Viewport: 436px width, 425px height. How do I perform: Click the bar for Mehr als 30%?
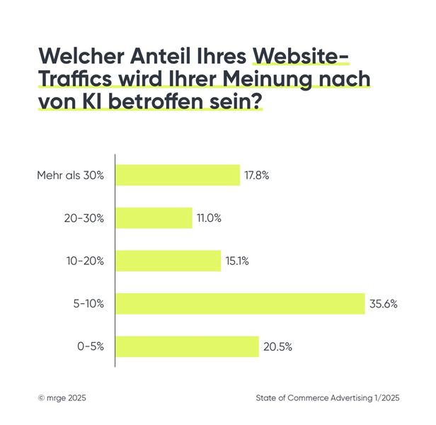coord(178,175)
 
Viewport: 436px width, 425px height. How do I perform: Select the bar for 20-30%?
coord(154,218)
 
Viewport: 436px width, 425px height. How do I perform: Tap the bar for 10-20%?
coord(168,261)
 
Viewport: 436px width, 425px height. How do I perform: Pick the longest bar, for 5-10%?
coord(240,304)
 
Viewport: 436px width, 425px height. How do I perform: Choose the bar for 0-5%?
coord(187,346)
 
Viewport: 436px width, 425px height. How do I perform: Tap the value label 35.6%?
coord(383,304)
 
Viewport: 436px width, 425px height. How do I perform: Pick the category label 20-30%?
coord(84,218)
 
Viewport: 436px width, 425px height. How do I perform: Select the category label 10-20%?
coord(84,261)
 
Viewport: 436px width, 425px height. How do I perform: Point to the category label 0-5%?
coord(90,347)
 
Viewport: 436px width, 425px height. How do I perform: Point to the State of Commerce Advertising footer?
coord(327,399)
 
